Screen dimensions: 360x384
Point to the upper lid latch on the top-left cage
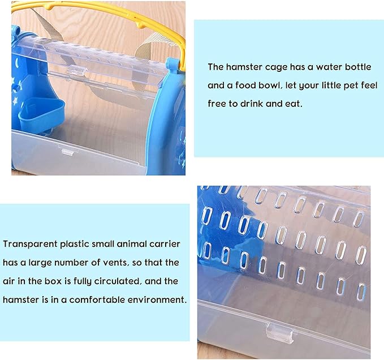tap(76, 72)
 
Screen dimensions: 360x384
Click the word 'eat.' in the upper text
tap(320, 105)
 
